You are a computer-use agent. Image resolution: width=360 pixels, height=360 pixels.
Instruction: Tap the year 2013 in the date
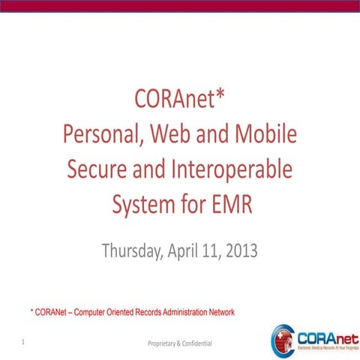coord(240,250)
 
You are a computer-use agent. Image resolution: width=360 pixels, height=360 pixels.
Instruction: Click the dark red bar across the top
coord(180,6)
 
